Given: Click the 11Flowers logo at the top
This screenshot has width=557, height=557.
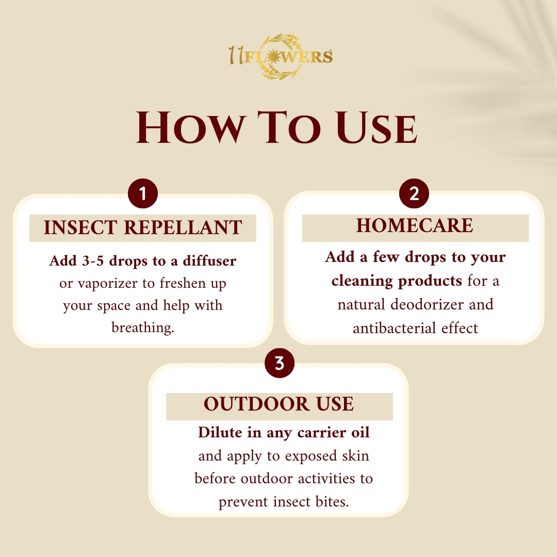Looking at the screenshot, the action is coord(281,57).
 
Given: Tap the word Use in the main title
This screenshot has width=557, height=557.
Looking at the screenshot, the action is coord(376,127).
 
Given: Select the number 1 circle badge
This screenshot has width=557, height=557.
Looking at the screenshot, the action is coord(143,193).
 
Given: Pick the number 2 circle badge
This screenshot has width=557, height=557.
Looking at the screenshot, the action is coord(414,193).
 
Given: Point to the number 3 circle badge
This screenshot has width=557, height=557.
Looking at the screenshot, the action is coord(280,363).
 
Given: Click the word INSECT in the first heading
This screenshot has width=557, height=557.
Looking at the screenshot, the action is coord(80,227).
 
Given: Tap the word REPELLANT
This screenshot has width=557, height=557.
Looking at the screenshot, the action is coord(183,227).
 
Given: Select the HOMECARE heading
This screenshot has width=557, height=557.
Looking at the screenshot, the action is coord(415,225).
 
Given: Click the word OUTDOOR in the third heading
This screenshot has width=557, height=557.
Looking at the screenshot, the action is coord(256,404).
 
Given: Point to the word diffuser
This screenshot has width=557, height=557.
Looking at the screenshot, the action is coord(209,261).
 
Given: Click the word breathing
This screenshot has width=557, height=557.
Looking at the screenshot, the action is coord(143,327).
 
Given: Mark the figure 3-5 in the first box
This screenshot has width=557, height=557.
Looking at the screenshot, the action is coord(93,261).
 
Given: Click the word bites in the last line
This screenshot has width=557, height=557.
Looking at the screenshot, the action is coord(332,502).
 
